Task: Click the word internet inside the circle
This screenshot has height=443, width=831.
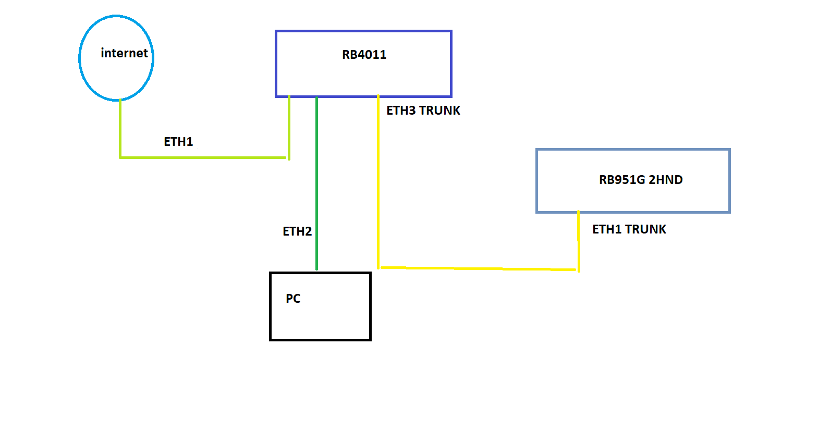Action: pos(124,53)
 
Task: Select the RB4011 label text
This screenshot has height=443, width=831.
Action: pos(364,55)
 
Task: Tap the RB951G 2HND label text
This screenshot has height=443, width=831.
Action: pos(640,180)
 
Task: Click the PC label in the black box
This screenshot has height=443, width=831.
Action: pos(293,299)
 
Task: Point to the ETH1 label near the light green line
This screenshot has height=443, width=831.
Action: pos(178,142)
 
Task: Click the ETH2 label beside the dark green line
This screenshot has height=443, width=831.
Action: pos(297,231)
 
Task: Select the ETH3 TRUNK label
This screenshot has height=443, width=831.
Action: pos(423,110)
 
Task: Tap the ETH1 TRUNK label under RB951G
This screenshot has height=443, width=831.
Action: pos(629,229)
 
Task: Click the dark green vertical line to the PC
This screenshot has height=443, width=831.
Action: pos(316,182)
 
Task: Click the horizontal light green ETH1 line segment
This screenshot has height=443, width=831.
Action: pos(203,157)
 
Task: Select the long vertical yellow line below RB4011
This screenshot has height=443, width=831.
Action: pos(378,182)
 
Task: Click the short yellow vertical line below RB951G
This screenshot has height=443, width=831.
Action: pos(579,240)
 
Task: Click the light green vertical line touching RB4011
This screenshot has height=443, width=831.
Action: pos(289,128)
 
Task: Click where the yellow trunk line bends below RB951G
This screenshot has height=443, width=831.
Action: pos(579,269)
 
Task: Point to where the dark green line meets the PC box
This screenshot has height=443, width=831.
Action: pos(316,272)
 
